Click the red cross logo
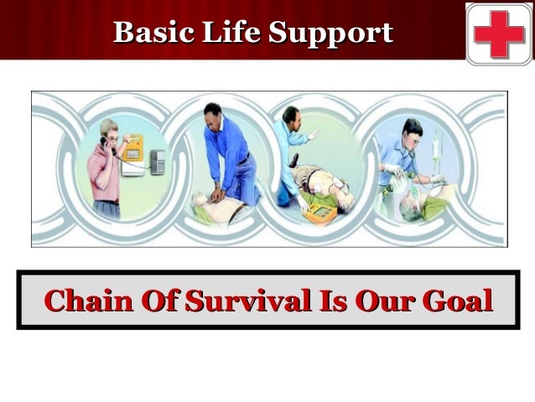(x=498, y=33)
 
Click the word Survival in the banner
(x=239, y=300)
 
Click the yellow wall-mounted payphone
(x=132, y=150)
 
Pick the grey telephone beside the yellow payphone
(x=157, y=161)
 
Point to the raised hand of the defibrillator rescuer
(x=314, y=133)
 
